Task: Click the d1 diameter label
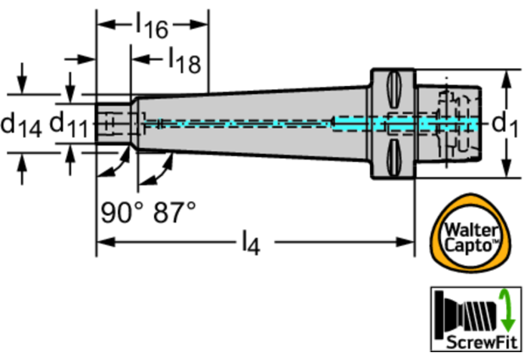506,124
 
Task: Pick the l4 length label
249,244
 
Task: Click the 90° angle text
120,211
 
